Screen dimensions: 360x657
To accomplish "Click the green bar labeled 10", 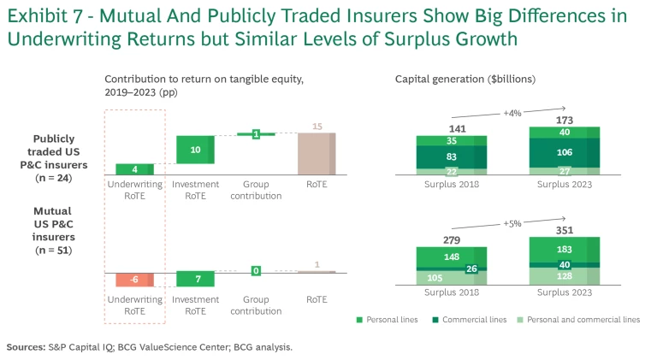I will [x=195, y=150].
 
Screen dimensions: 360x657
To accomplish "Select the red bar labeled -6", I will [x=134, y=280].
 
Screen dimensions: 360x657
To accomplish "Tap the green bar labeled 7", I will [x=195, y=279].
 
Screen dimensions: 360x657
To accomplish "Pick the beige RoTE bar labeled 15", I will [x=317, y=155].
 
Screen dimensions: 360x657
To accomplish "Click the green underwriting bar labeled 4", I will [x=134, y=169].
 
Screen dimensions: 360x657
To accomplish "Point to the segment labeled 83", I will [x=451, y=156].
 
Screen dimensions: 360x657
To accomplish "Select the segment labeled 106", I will [x=564, y=153].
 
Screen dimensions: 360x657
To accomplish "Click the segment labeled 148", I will [x=451, y=257].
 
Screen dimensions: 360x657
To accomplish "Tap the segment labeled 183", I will [x=564, y=248].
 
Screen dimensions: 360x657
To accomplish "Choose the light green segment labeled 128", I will [x=564, y=276].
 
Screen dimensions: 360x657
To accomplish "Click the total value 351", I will [x=564, y=228].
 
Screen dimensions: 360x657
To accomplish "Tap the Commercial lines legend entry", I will [x=476, y=320].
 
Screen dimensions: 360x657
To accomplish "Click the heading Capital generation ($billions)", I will [x=465, y=79].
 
